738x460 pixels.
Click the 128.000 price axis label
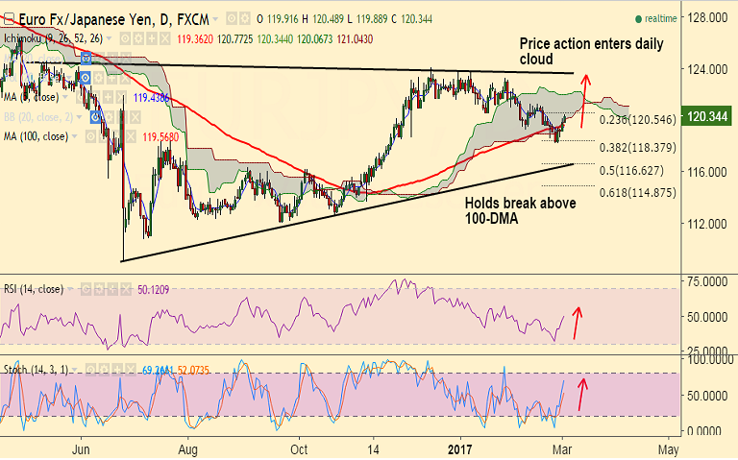tap(703, 18)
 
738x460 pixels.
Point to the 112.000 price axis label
tap(703, 223)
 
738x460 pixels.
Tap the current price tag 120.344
tap(706, 117)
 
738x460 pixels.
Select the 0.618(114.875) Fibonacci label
tap(632, 193)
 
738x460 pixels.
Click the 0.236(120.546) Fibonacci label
tap(635, 121)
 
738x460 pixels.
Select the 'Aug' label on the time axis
tap(187, 448)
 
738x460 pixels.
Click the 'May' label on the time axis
tap(669, 448)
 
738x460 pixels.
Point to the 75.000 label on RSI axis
tap(705, 281)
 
